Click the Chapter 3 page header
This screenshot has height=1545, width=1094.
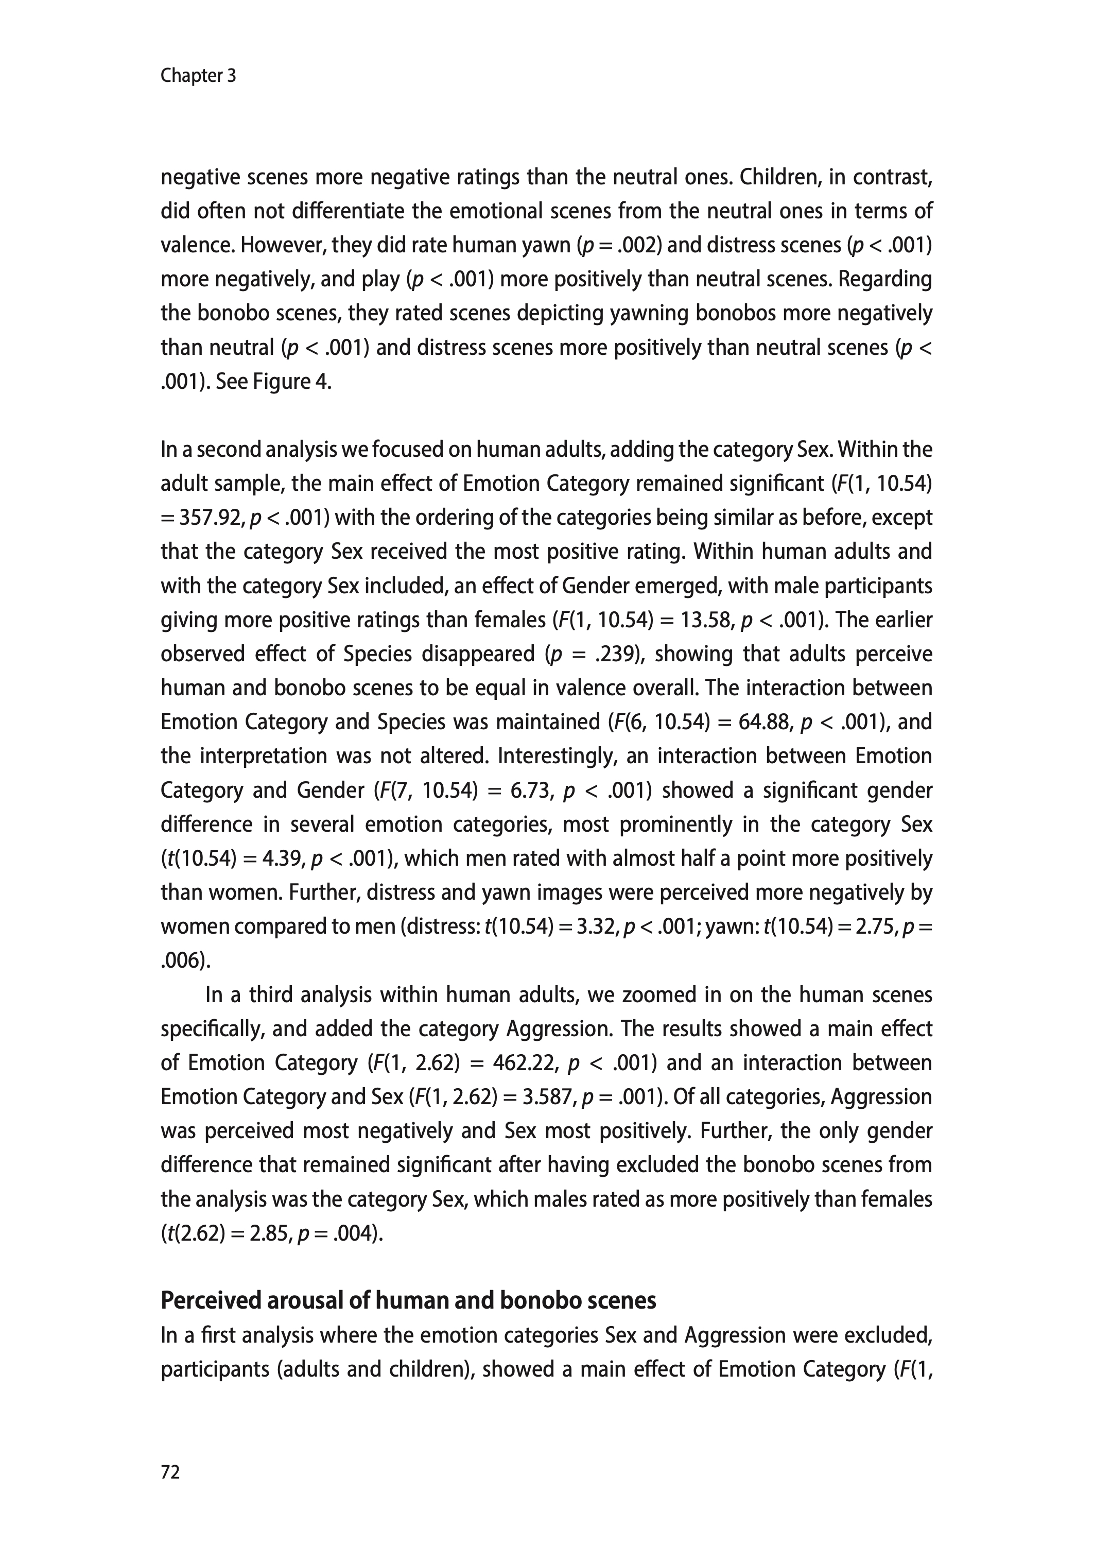point(198,76)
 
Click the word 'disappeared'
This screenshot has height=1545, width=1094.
point(478,654)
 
